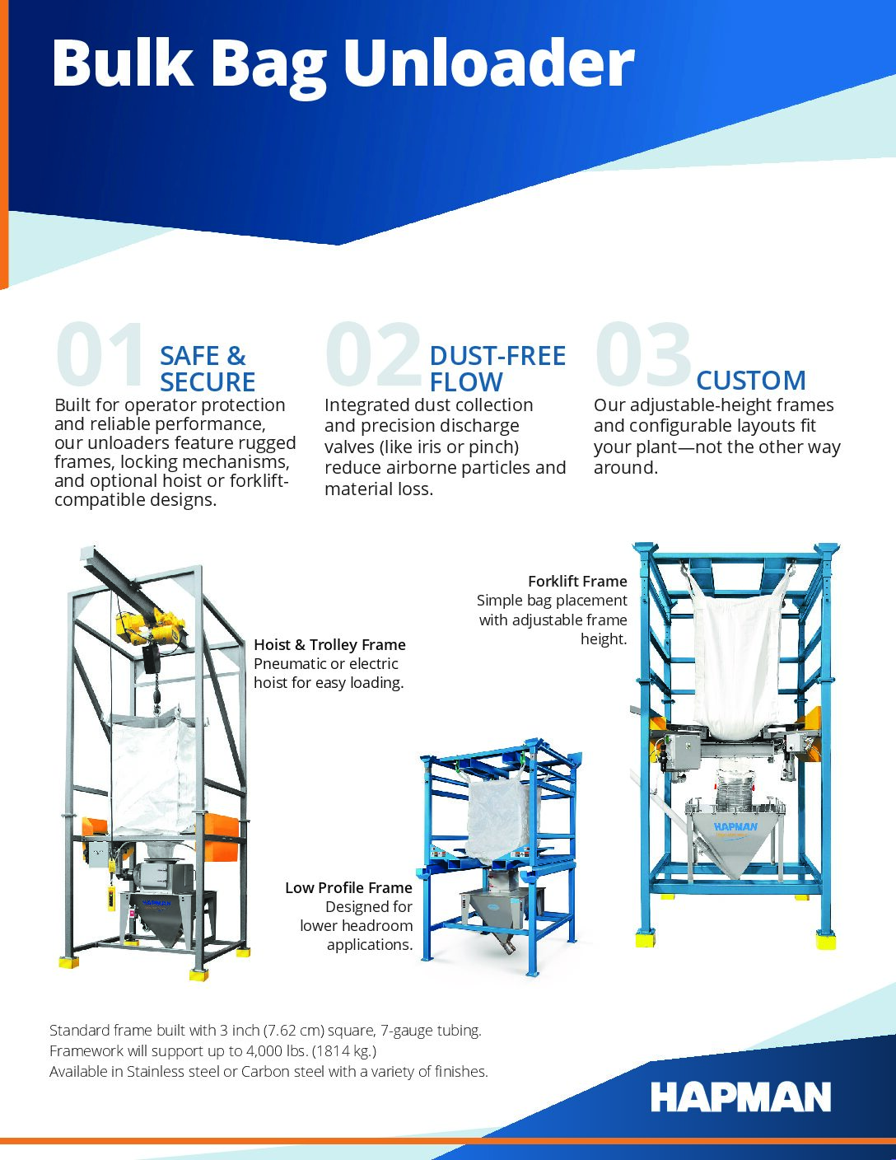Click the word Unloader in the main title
489,63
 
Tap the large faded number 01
100,353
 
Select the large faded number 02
374,353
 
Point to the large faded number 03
643,353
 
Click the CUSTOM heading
751,381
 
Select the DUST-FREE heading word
497,356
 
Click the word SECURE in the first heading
208,382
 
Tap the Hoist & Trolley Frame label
329,645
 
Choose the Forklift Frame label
577,582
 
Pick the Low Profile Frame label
348,888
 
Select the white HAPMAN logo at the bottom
740,1097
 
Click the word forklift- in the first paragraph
259,481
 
